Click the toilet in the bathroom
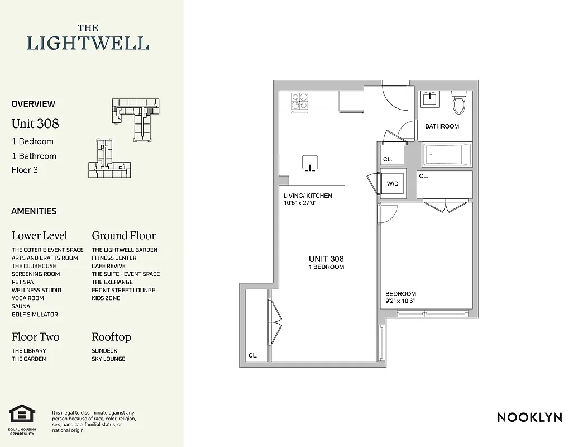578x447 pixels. pyautogui.click(x=459, y=103)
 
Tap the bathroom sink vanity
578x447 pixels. pyautogui.click(x=430, y=100)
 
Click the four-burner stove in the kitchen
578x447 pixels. pyautogui.click(x=299, y=101)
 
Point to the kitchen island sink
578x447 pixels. pyautogui.click(x=309, y=163)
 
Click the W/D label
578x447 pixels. pyautogui.click(x=393, y=183)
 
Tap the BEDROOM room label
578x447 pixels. pyautogui.click(x=400, y=294)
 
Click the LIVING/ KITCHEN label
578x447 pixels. pyautogui.click(x=308, y=196)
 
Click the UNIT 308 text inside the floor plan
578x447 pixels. pyautogui.click(x=326, y=259)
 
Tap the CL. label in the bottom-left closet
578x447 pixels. pyautogui.click(x=253, y=355)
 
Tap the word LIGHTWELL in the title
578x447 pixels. pyautogui.click(x=88, y=43)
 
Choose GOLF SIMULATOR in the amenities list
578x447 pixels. pyautogui.click(x=35, y=315)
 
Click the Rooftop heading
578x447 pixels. pyautogui.click(x=111, y=337)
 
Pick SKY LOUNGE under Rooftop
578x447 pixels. pyautogui.click(x=108, y=359)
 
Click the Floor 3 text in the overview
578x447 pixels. pyautogui.click(x=25, y=170)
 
